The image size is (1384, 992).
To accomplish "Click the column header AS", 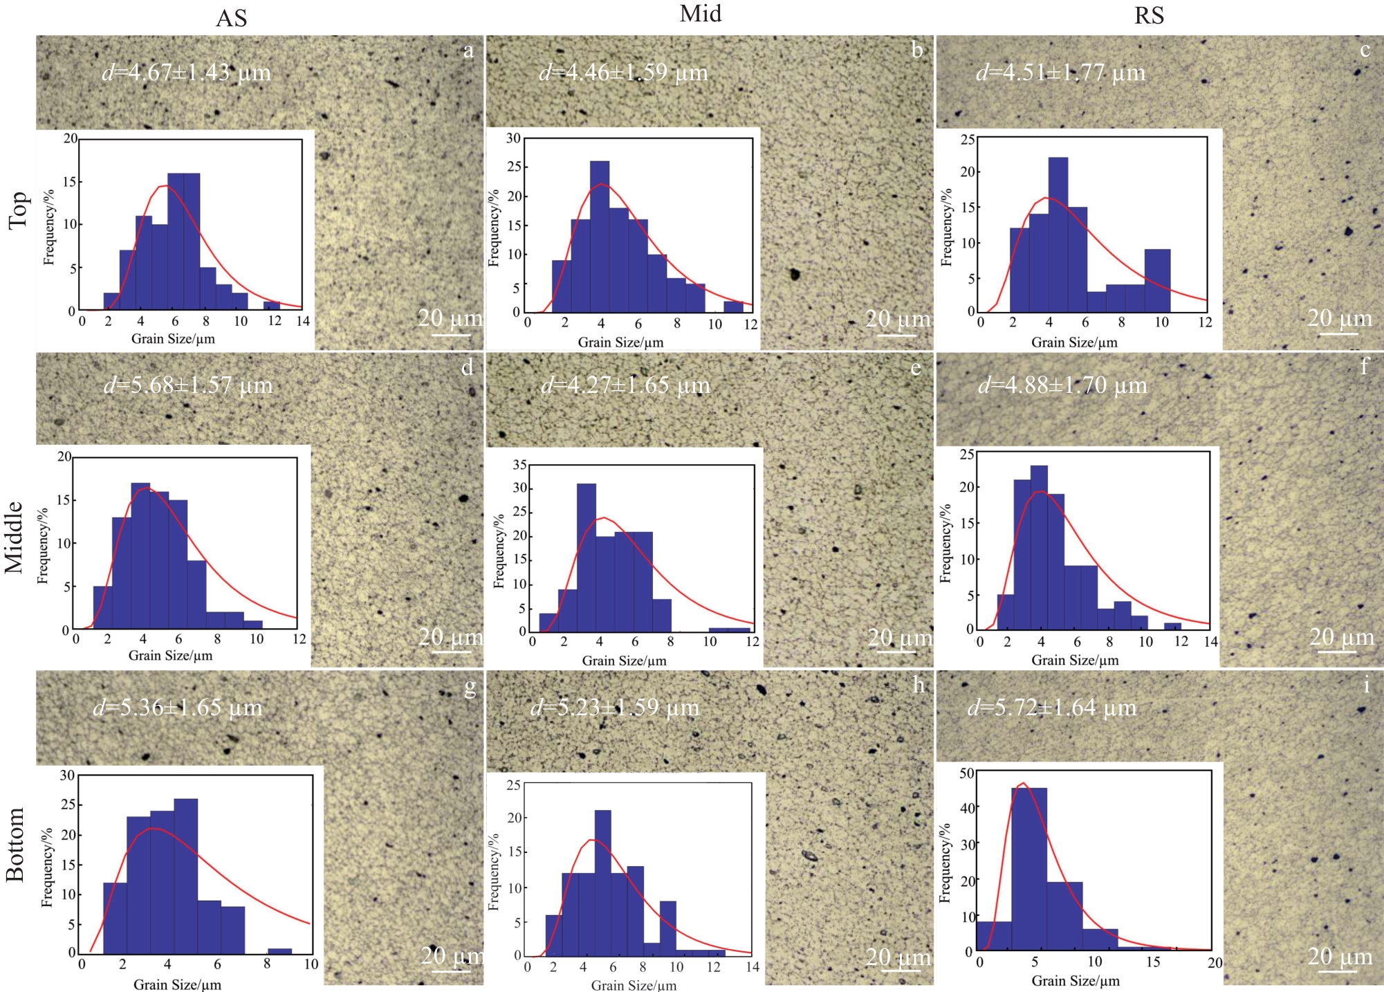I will click(x=231, y=19).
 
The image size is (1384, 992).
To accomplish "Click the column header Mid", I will click(x=700, y=14).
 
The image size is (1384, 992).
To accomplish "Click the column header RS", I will click(x=1149, y=16).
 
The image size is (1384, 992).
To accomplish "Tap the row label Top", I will click(x=18, y=210).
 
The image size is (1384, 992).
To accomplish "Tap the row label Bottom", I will click(x=15, y=844).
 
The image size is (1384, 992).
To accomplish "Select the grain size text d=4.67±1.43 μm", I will click(x=187, y=73).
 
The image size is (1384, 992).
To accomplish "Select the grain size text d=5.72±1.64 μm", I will click(x=1052, y=708).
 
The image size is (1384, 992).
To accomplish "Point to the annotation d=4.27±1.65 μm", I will click(x=625, y=385).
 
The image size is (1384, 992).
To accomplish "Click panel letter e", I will click(x=916, y=368).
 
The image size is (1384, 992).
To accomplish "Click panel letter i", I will click(x=1366, y=686).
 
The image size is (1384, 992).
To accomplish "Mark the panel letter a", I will click(x=469, y=50).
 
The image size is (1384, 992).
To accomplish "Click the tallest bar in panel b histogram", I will click(x=600, y=236).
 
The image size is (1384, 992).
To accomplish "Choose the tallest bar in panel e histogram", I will click(x=587, y=557).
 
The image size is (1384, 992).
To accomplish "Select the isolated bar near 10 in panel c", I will click(x=1157, y=280).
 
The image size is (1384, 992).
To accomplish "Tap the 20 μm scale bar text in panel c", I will click(x=1339, y=318).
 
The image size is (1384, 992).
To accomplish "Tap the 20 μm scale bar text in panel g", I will click(x=452, y=955).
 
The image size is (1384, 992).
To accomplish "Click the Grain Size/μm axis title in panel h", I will click(x=634, y=985).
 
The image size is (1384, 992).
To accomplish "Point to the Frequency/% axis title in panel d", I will click(x=43, y=546).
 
